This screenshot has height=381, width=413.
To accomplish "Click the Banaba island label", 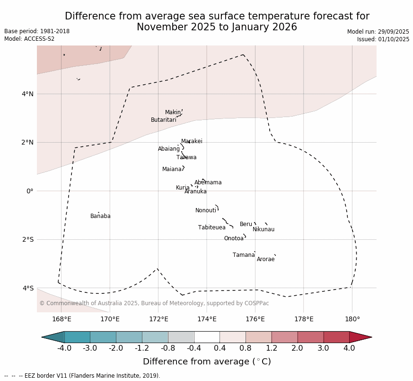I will [100, 216].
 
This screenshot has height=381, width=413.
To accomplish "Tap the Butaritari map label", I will [164, 120].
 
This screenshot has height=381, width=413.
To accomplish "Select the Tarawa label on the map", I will [186, 157].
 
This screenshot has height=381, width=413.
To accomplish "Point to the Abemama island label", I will [208, 182].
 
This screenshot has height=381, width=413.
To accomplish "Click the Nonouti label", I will [206, 210].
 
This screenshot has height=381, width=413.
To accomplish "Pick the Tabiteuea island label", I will [212, 227].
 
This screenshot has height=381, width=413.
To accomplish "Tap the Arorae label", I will [266, 259].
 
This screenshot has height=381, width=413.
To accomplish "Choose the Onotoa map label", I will [234, 238].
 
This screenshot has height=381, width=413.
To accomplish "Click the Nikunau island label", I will [264, 229].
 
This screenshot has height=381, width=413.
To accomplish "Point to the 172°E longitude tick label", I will [158, 319].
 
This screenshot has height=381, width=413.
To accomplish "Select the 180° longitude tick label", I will [352, 319].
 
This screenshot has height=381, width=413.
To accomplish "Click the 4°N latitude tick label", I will [27, 94].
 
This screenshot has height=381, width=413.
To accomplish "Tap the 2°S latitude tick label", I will [27, 239].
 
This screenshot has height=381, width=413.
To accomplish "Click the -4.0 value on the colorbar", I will [64, 348].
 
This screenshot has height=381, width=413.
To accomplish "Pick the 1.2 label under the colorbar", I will [272, 348].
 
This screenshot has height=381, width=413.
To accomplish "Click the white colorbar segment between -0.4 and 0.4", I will [207, 337].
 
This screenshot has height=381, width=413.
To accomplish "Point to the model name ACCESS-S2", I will [39, 39].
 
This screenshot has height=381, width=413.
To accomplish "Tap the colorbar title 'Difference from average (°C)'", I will [207, 362].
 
